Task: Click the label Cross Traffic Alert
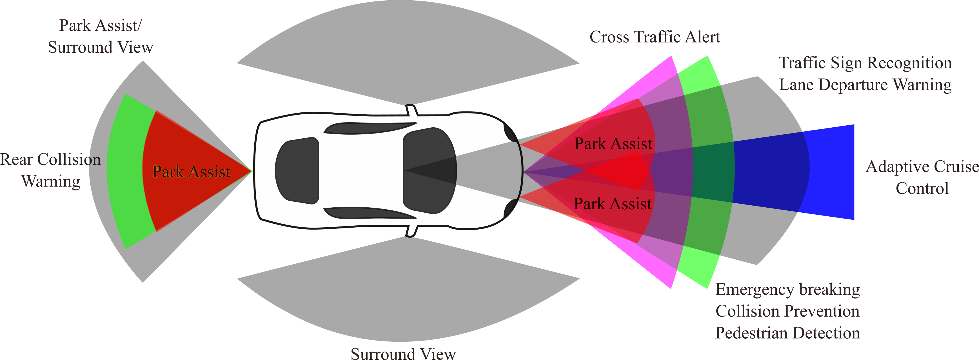655,37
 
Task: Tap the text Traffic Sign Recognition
865,63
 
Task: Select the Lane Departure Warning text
865,85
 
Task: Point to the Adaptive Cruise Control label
922,177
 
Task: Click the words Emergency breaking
787,290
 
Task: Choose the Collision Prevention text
787,311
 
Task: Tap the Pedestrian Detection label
787,333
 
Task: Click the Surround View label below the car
403,354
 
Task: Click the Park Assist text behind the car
191,172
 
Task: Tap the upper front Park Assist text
613,144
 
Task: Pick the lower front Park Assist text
613,204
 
